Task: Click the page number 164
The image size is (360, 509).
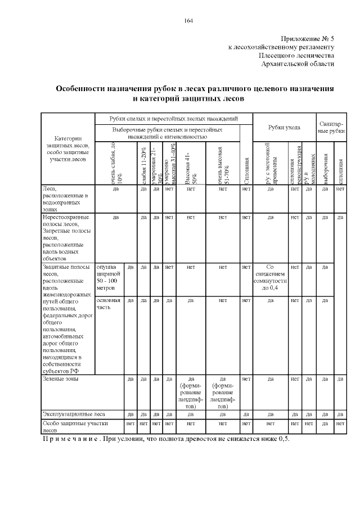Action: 188,21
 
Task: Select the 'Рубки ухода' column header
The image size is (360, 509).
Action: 284,127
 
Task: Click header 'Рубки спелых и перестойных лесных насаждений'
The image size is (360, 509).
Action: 174,119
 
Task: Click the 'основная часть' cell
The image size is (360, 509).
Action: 108,304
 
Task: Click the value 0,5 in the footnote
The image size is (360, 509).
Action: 283,439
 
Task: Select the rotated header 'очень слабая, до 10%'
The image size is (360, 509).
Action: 116,163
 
